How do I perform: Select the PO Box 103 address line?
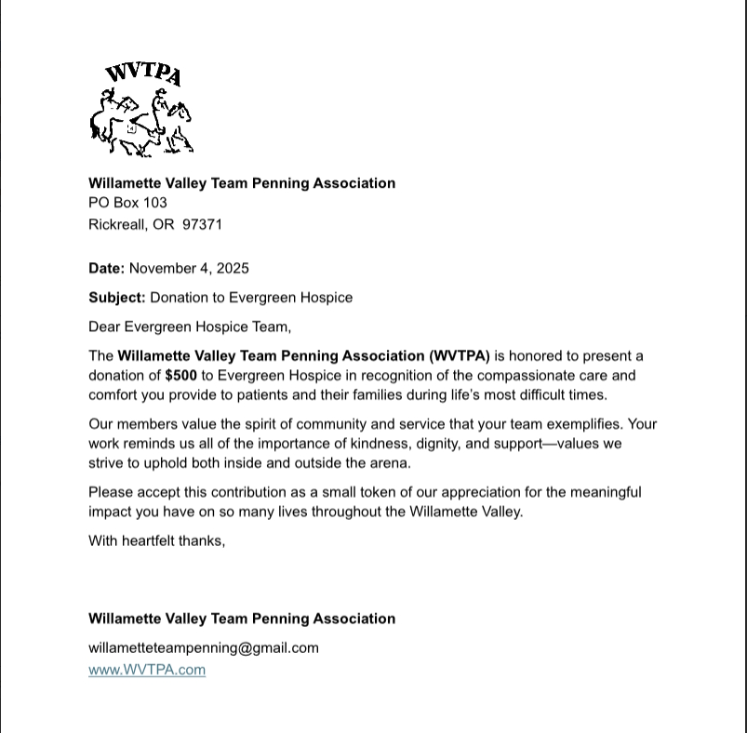tap(127, 203)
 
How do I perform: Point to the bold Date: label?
tap(106, 269)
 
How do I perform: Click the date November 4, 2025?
tap(189, 269)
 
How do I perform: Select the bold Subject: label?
tap(116, 298)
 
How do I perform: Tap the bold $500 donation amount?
tap(180, 376)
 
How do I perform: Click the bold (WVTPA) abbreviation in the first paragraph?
tap(460, 355)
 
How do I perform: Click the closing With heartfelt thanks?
tap(156, 540)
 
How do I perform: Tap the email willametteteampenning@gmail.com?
tap(203, 648)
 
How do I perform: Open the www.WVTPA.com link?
tap(147, 670)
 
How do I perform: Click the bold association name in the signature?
tap(242, 619)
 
